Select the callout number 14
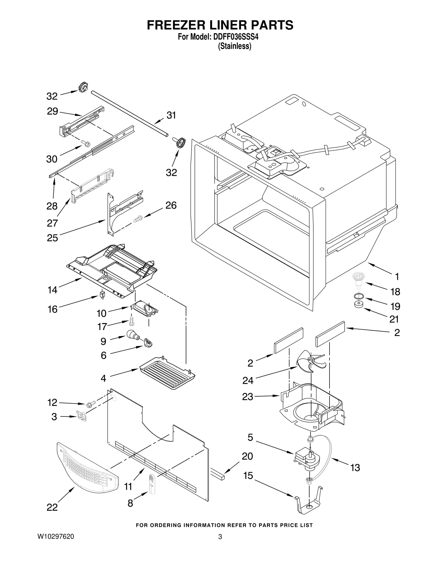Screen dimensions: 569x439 52,290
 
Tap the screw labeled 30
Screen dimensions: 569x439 85,143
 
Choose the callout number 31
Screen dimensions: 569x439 171,115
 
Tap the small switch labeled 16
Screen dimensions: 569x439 102,295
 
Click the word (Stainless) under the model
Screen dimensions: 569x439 235,46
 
